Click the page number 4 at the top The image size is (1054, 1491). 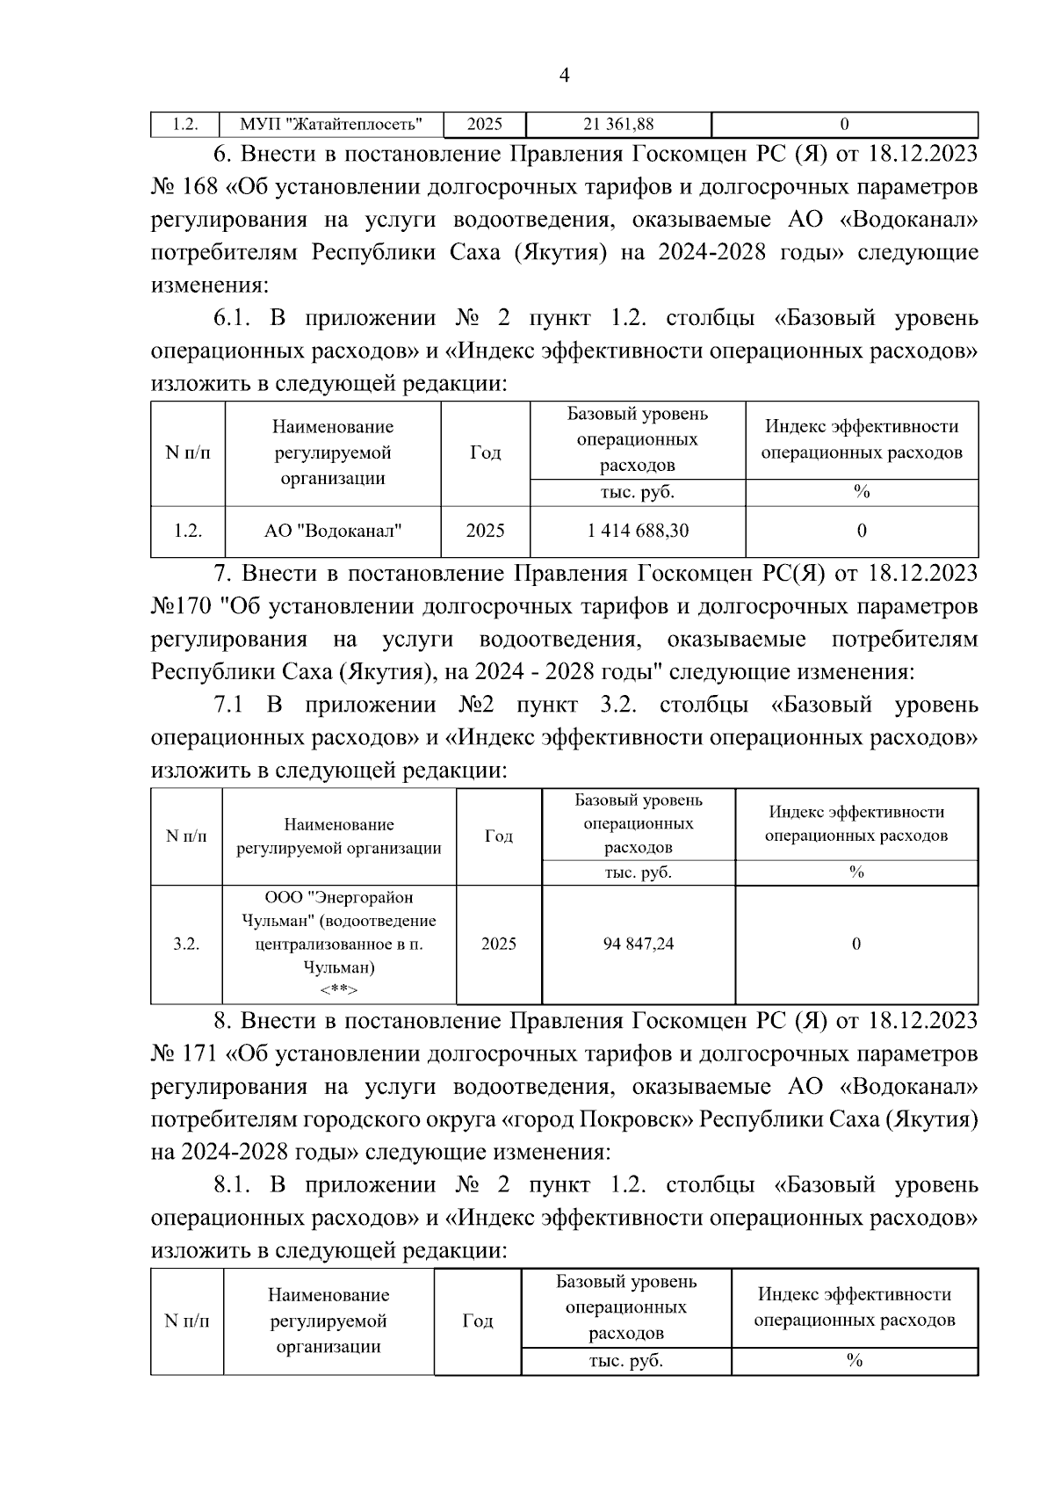tap(564, 76)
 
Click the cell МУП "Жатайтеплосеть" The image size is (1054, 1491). tap(331, 125)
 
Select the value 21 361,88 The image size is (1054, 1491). tap(618, 125)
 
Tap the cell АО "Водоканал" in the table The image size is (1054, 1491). tap(333, 531)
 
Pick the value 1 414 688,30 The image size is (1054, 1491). tap(638, 531)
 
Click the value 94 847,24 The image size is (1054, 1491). tap(639, 944)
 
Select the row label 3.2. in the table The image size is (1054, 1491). tap(186, 944)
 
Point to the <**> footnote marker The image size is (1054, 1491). tap(338, 990)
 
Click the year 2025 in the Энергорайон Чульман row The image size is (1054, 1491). tap(499, 944)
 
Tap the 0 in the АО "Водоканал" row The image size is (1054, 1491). tap(862, 531)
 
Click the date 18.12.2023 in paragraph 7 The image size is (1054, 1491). tap(922, 574)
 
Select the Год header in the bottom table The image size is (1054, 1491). tap(477, 1321)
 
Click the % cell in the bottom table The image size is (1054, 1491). tap(854, 1361)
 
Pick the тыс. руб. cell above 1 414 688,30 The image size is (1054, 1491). tap(638, 492)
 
